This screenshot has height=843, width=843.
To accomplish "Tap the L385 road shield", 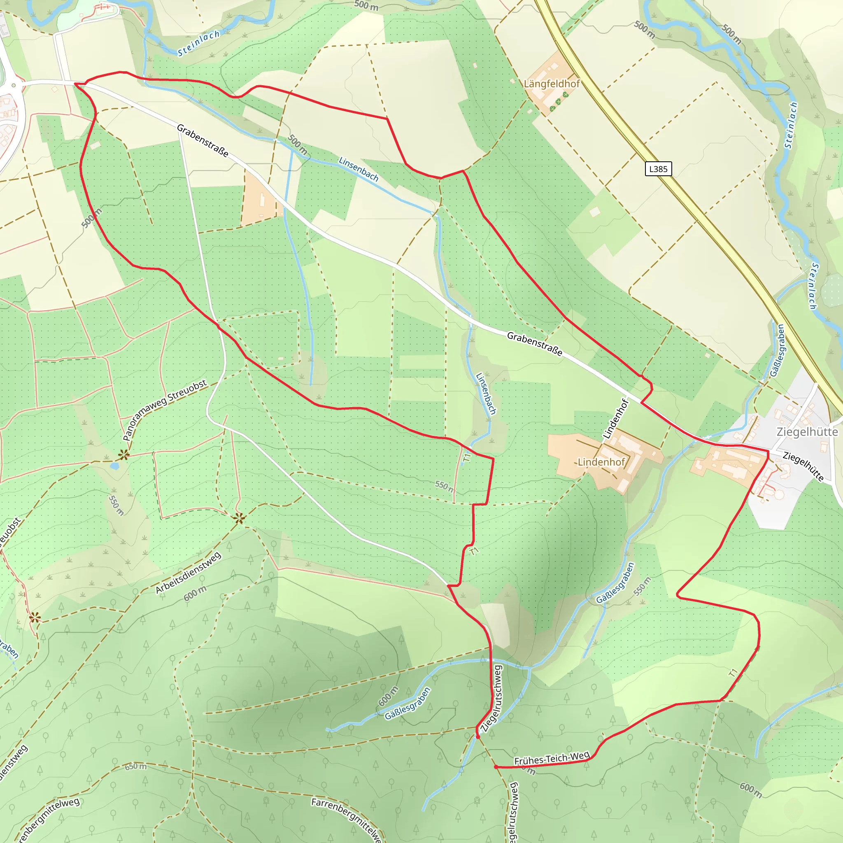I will click(x=658, y=169).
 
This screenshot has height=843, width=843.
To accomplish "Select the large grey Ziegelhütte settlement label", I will click(x=807, y=432).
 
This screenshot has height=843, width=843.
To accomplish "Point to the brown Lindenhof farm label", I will click(x=601, y=462).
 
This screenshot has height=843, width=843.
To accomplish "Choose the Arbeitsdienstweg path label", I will click(x=189, y=573).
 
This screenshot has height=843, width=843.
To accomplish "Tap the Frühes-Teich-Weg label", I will click(x=552, y=758).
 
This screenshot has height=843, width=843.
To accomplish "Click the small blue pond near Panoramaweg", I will click(x=114, y=466).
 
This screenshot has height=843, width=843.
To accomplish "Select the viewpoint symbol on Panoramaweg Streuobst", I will click(x=124, y=455).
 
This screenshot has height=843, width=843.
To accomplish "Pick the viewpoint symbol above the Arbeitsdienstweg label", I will click(x=239, y=518).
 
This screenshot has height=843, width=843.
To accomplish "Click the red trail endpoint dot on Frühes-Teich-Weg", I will click(x=496, y=766).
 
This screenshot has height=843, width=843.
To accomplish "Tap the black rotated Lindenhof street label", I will click(x=615, y=419).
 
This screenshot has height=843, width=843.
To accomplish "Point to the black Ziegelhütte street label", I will click(x=803, y=467).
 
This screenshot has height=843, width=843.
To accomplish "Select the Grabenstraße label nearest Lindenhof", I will click(x=535, y=344).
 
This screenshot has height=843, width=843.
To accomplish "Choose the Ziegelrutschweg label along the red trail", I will click(x=492, y=698).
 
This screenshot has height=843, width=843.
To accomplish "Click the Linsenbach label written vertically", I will click(x=486, y=393).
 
